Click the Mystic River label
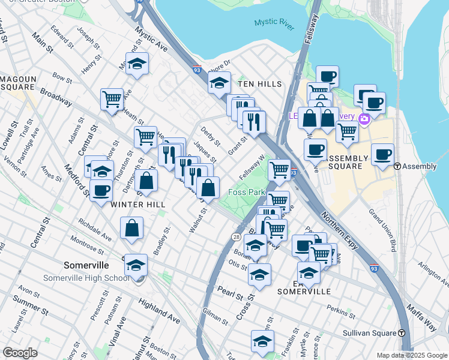[274, 22]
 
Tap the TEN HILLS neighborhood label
[259, 84]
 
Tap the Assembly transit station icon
[397, 166]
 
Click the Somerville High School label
[86, 278]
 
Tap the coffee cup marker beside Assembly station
[383, 154]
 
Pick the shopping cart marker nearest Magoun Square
[112, 99]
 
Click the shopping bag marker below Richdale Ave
[131, 228]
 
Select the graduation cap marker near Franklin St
[262, 341]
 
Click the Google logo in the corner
[20, 353]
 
